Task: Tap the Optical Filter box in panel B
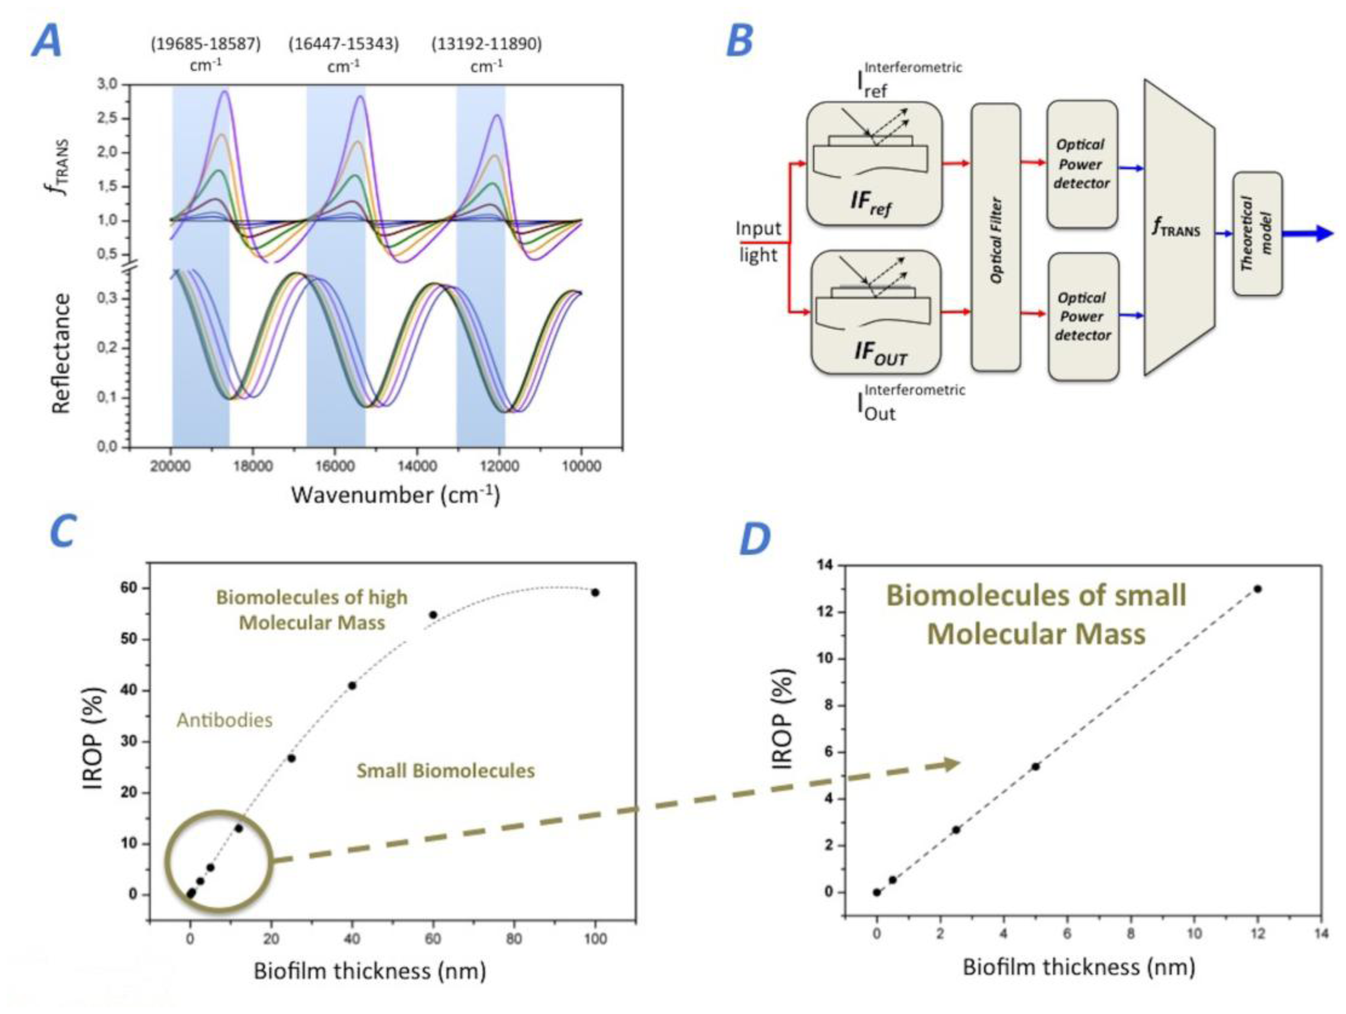coord(995,237)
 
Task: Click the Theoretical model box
coord(1257,233)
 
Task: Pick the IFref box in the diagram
coord(874,163)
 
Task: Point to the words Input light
coord(758,242)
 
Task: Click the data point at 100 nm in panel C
coord(595,592)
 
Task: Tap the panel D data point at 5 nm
coord(1035,767)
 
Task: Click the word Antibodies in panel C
coord(224,720)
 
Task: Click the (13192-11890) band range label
coord(486,44)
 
